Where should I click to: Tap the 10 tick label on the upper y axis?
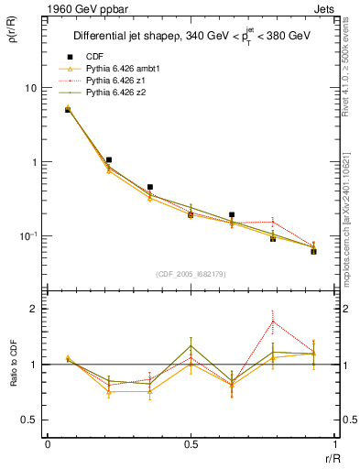tap(31, 88)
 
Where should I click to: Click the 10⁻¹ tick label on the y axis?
tap(28, 236)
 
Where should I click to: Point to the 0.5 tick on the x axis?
tap(191, 445)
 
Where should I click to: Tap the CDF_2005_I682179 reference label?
tap(191, 273)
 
